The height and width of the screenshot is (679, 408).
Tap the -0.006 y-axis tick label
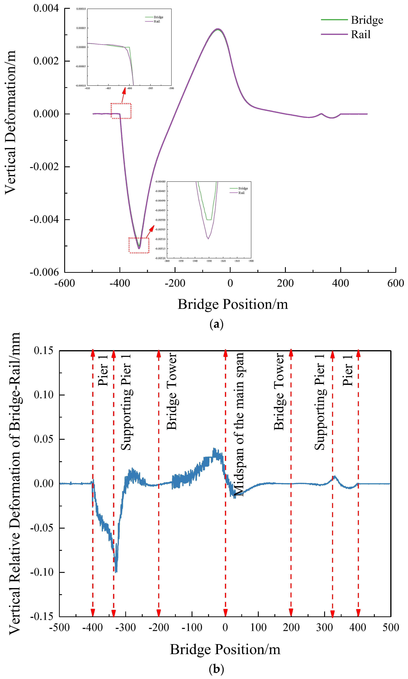(x=44, y=272)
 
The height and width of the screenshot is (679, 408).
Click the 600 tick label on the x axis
(x=395, y=283)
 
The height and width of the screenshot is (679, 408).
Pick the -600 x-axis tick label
(x=65, y=283)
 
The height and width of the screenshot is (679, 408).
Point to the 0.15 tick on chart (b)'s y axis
(x=43, y=350)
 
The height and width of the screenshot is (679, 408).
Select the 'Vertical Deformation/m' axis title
(x=10, y=122)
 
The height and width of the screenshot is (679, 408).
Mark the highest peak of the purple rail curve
(x=218, y=29)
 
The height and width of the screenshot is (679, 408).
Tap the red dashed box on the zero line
(x=121, y=111)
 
